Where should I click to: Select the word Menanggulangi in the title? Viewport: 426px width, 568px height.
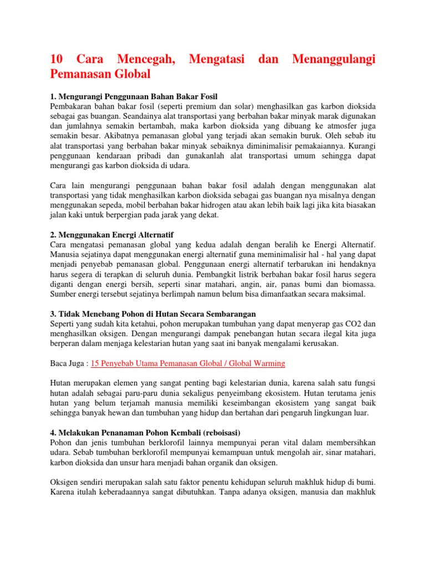click(330, 59)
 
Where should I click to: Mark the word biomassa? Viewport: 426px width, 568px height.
click(348, 285)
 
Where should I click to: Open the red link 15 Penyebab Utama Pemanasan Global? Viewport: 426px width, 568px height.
click(187, 363)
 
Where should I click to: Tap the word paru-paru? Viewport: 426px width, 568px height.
click(130, 393)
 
